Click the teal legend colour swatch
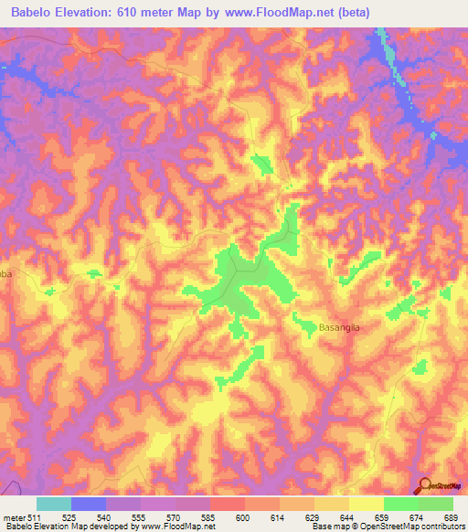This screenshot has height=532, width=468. pyautogui.click(x=54, y=504)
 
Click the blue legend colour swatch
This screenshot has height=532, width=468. pyautogui.click(x=89, y=504)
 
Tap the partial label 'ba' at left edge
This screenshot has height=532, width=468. pyautogui.click(x=5, y=271)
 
